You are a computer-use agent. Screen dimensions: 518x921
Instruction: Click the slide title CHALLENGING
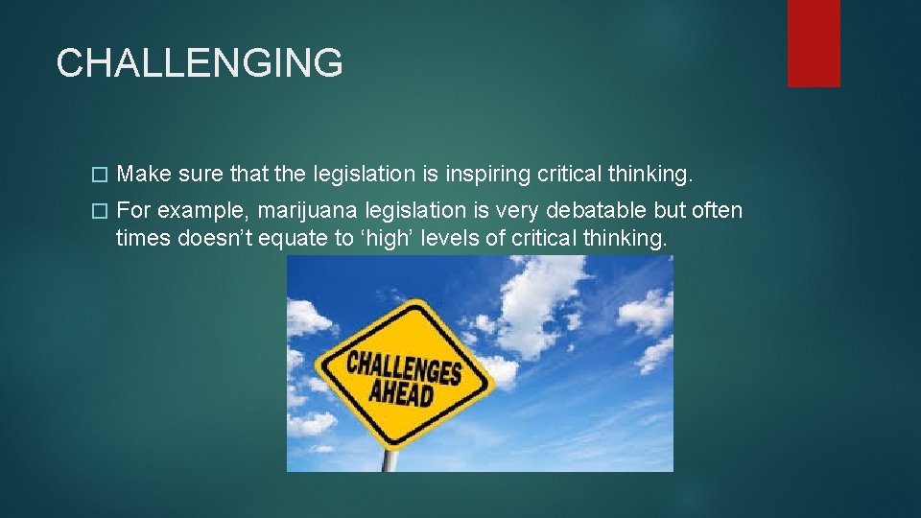pyautogui.click(x=199, y=63)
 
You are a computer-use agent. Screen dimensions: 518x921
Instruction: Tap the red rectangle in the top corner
pyautogui.click(x=814, y=43)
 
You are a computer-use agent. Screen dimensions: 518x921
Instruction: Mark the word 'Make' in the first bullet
pyautogui.click(x=143, y=175)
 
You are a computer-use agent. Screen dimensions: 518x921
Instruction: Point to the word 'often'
pyautogui.click(x=716, y=210)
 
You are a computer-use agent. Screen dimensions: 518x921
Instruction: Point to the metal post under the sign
pyautogui.click(x=390, y=459)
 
